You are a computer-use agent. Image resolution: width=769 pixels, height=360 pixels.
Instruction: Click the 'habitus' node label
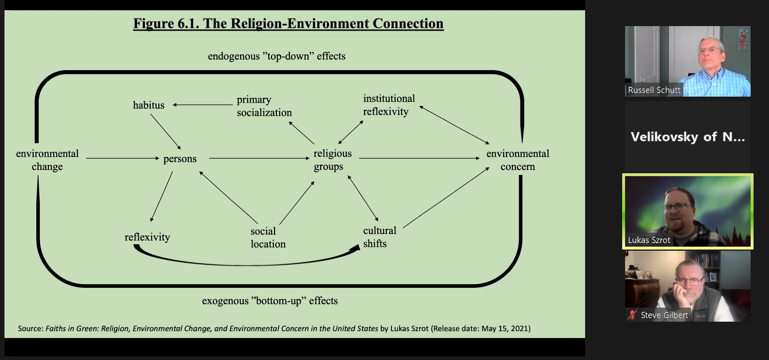[x=148, y=105]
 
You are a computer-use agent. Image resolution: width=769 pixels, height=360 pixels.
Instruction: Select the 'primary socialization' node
[x=264, y=106]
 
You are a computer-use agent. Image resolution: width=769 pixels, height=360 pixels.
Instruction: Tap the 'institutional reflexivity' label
[x=389, y=105]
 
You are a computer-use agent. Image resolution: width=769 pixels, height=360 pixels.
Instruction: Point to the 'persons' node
[x=180, y=159]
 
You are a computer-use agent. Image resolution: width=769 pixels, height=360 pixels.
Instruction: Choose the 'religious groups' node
[x=332, y=160]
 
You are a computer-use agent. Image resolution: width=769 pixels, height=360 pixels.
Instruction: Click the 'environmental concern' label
[x=517, y=160]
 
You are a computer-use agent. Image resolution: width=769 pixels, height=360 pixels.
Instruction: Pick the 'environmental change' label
[x=47, y=160]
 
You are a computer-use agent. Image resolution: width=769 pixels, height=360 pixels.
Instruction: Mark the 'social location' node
[x=268, y=237]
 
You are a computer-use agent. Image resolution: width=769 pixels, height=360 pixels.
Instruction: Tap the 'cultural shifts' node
[x=379, y=237]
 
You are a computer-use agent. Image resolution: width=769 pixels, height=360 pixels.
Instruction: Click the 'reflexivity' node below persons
[x=147, y=237]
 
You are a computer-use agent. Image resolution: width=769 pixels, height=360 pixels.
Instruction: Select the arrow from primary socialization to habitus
[x=203, y=105]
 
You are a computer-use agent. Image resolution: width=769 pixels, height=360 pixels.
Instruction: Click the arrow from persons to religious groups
[x=259, y=158]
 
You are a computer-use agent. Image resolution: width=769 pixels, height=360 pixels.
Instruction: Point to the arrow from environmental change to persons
[x=122, y=158]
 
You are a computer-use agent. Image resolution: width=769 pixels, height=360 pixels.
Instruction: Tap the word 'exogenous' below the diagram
[x=225, y=301]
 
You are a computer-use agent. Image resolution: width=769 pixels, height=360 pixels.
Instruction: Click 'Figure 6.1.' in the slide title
[x=166, y=24]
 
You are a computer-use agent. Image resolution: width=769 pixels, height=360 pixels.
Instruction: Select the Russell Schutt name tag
[x=654, y=90]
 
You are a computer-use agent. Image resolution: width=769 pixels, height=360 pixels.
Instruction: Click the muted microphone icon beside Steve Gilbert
[x=632, y=315]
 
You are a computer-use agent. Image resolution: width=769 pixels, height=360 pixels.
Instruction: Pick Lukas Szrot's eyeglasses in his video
[x=679, y=207]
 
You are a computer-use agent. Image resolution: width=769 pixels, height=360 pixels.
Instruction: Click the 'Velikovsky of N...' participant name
[x=687, y=137]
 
